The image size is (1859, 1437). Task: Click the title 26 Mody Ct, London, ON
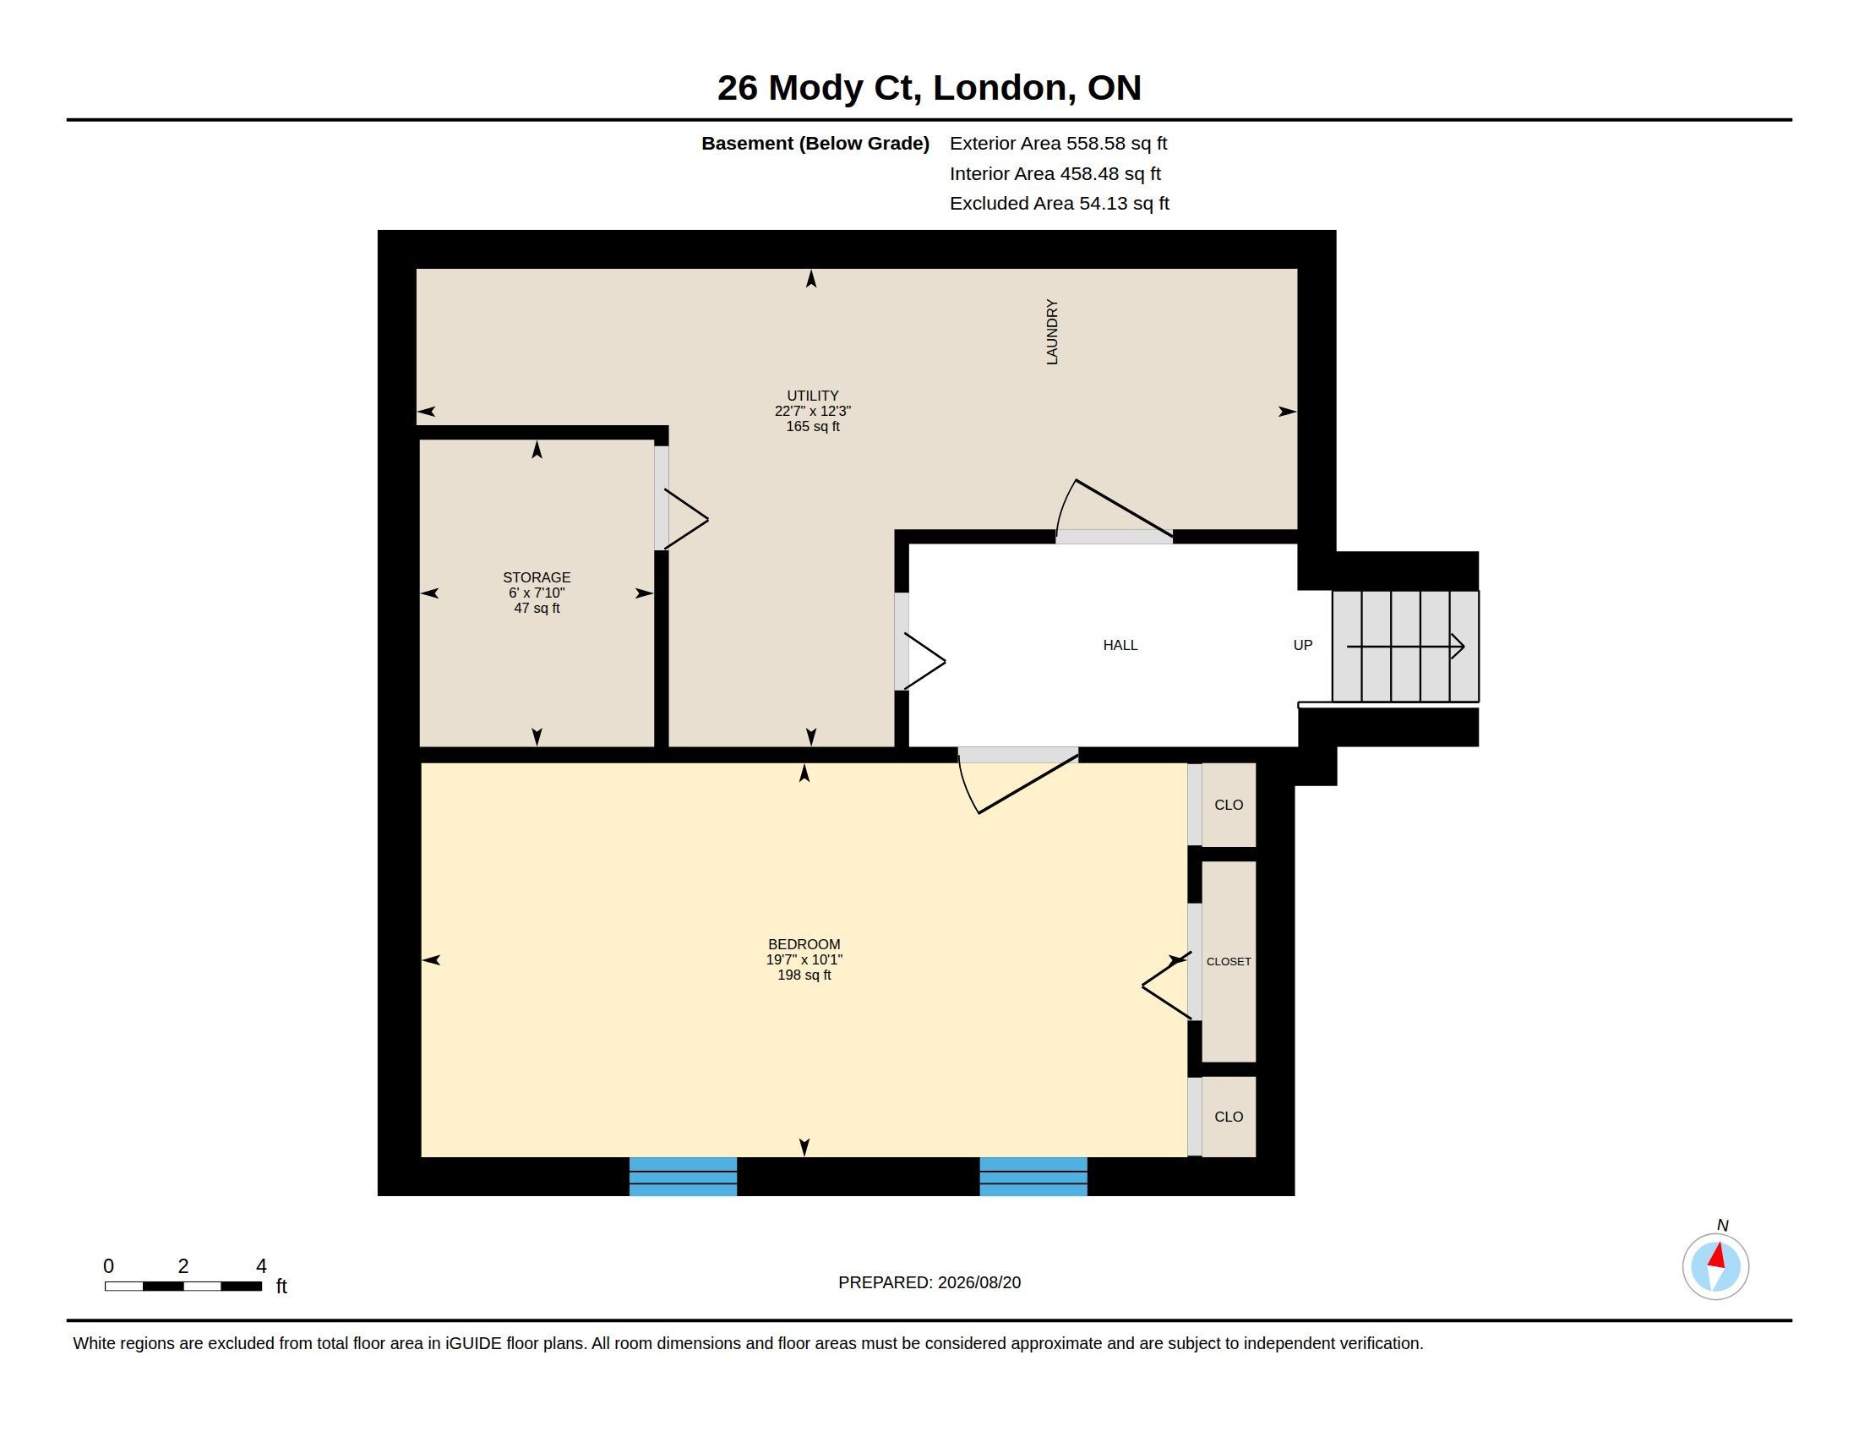tap(929, 88)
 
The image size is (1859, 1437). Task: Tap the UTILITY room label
tap(812, 396)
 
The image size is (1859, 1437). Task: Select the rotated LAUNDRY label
tap(1052, 332)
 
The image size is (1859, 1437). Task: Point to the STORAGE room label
tap(537, 577)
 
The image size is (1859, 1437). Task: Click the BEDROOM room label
tap(804, 944)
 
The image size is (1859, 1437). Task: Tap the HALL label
tap(1120, 645)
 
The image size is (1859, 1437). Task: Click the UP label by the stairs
tap(1302, 645)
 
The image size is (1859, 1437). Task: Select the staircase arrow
tap(1405, 647)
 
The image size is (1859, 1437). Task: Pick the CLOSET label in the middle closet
tap(1229, 961)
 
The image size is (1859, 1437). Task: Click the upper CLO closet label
tap(1229, 805)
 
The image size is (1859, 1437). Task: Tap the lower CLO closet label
tap(1229, 1117)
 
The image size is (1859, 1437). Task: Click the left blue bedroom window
tap(683, 1177)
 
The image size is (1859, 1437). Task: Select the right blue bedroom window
tap(1033, 1177)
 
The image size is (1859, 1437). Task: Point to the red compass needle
tap(1718, 1254)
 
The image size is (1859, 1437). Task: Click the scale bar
tap(183, 1286)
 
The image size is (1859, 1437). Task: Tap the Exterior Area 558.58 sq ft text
tap(1058, 144)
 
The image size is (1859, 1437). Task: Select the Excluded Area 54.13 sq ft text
tap(1059, 204)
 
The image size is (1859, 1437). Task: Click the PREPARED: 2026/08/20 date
tap(929, 1282)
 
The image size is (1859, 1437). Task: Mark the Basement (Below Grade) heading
tap(815, 144)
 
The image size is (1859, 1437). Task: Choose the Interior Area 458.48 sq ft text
tap(1055, 173)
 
